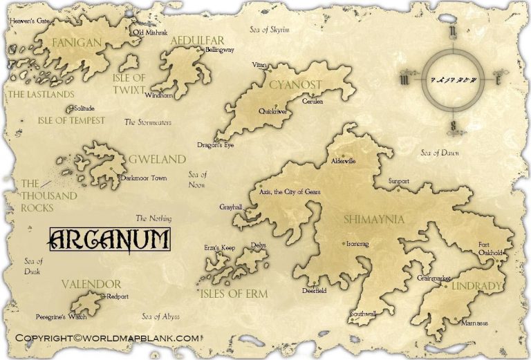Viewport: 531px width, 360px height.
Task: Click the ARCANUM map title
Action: pos(110,240)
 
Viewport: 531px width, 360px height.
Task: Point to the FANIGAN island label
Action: pos(77,44)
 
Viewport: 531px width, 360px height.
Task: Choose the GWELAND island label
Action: pos(157,160)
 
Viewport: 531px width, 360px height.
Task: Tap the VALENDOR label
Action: pos(91,284)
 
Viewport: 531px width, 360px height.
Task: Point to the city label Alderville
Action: pos(343,160)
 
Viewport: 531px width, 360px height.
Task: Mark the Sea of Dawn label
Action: pos(442,153)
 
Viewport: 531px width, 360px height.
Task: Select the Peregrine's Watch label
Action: pos(62,317)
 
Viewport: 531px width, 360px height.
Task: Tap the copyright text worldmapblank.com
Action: pos(108,338)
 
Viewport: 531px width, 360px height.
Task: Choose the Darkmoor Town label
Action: pos(144,178)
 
